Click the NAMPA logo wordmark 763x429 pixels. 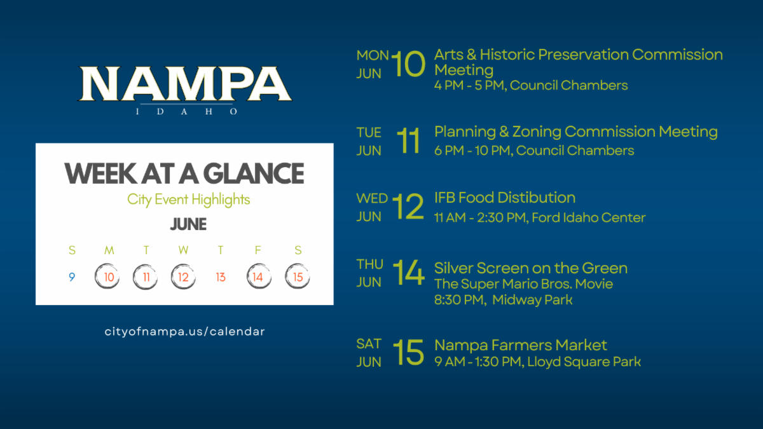click(185, 84)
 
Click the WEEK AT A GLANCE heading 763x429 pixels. click(184, 174)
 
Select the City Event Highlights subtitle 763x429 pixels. click(188, 200)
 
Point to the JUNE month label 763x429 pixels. click(188, 224)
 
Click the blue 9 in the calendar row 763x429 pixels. click(72, 277)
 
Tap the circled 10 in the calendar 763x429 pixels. click(107, 276)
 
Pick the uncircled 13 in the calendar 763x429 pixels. click(221, 277)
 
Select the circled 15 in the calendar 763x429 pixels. click(298, 276)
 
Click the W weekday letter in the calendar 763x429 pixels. click(183, 250)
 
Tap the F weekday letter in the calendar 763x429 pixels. click(258, 250)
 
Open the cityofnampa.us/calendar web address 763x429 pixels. click(184, 331)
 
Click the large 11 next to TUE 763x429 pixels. click(408, 140)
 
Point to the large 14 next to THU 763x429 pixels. click(409, 273)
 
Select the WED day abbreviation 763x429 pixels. click(372, 198)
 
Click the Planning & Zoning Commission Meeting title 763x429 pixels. click(576, 132)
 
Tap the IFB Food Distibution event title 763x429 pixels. click(505, 198)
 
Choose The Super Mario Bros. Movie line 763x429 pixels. click(523, 283)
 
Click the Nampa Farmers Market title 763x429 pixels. click(521, 346)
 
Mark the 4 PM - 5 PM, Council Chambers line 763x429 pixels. click(531, 85)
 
